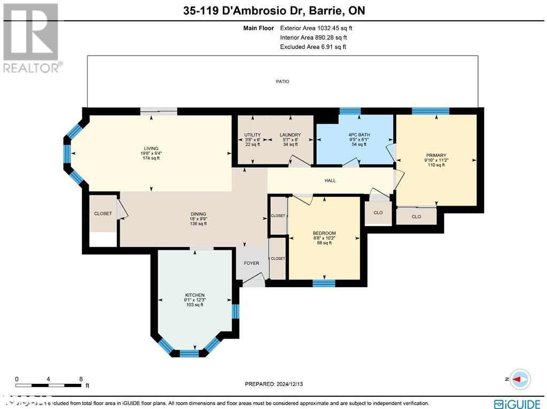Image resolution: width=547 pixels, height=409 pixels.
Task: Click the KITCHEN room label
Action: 195,295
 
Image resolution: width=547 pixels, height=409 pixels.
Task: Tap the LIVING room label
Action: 151,148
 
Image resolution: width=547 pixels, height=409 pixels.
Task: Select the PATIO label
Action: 283,82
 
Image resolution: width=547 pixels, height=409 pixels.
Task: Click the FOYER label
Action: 251,263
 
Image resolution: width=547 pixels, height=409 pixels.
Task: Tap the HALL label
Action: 330,180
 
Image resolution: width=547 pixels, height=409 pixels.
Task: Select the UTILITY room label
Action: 252,135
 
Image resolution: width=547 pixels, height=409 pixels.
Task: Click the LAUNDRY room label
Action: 290,135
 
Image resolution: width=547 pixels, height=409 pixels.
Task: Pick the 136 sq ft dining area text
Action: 199,224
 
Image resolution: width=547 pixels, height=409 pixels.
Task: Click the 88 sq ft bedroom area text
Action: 324,243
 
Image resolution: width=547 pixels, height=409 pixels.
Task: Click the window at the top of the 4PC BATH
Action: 350,111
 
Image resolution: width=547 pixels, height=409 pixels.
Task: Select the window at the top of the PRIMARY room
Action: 430,111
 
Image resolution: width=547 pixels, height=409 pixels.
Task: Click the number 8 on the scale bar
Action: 80,379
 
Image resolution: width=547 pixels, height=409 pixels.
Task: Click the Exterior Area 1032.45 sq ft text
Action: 316,28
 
